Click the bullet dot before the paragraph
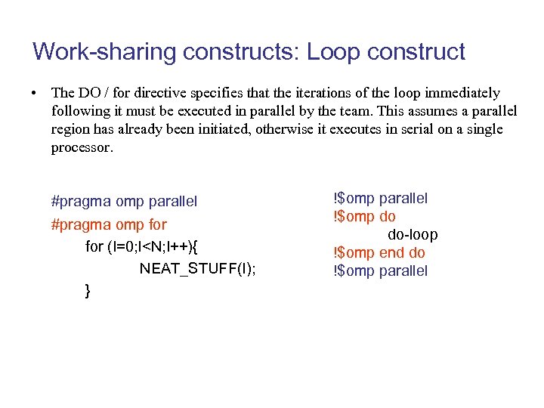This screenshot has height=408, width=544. coord(36,93)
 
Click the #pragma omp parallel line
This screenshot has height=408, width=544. coord(124,202)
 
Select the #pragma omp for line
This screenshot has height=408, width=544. coord(109,224)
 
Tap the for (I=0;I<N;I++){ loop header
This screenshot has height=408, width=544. coord(142,246)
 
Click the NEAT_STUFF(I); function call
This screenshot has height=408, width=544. coord(198,268)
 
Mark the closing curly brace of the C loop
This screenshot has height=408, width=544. coord(88,291)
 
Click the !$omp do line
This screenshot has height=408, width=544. coord(365,217)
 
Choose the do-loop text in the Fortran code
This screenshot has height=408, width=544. coord(413,235)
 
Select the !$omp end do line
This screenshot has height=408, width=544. coord(379,253)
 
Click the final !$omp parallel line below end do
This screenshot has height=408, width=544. coord(381,271)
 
